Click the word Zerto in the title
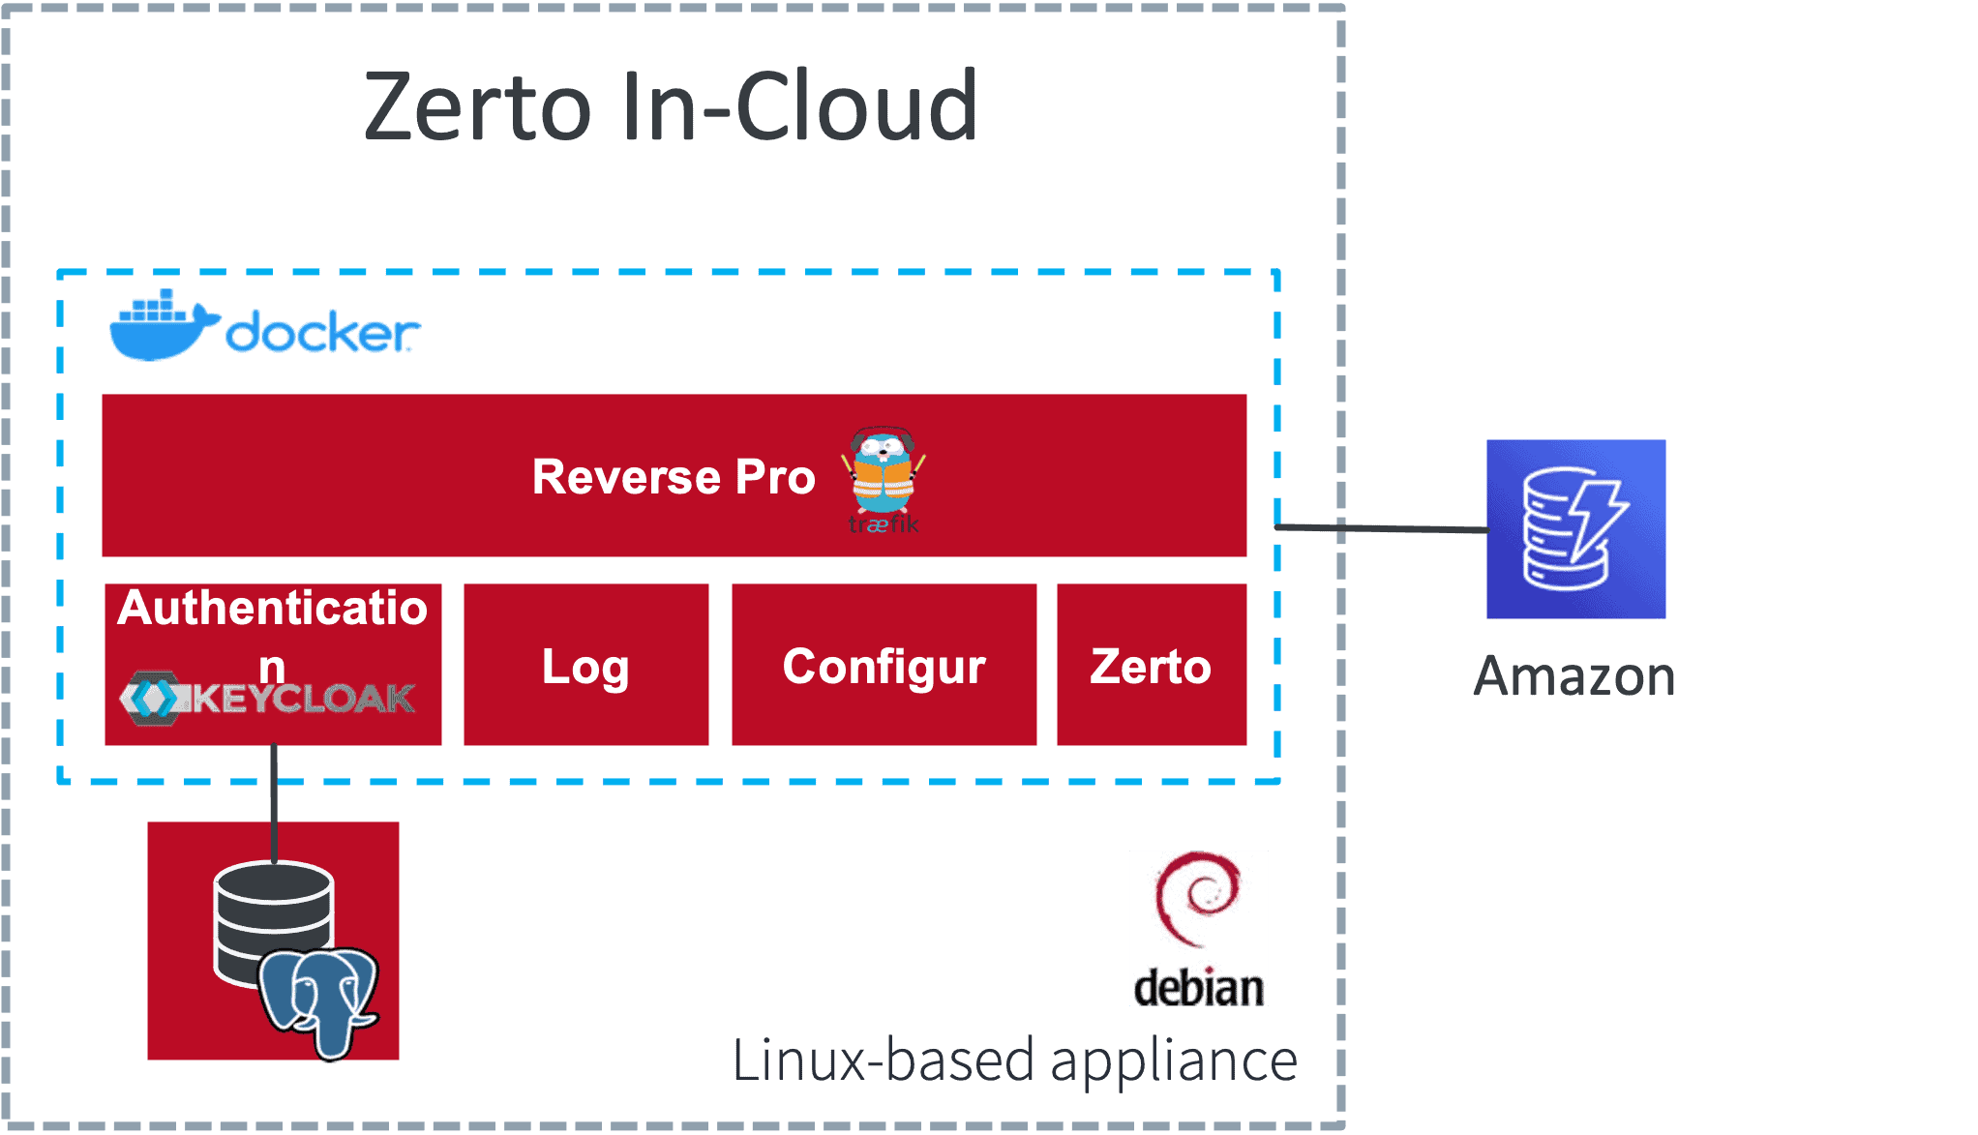[477, 106]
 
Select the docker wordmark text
[322, 333]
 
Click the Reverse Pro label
[674, 477]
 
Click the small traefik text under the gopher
[884, 525]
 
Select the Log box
[585, 665]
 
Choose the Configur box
[884, 665]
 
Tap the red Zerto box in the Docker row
[1151, 665]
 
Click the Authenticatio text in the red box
[272, 608]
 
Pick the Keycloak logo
[268, 698]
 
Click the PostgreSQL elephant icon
[318, 1001]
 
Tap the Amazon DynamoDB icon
[1574, 529]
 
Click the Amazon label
[1574, 675]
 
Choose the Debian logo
[1198, 927]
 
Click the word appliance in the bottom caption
[1173, 1061]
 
